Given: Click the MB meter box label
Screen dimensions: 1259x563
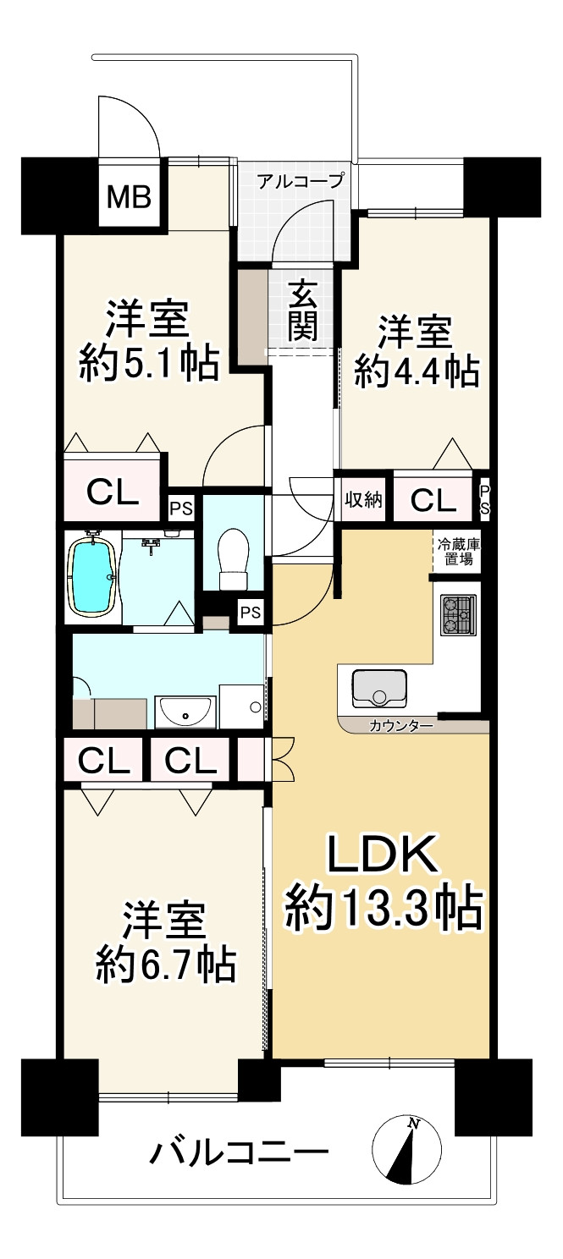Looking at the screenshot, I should [x=129, y=198].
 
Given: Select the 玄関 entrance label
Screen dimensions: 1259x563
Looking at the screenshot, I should [x=301, y=311].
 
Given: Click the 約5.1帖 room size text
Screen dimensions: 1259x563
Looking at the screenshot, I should [x=150, y=364].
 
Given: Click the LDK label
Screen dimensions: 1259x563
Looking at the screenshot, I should [x=383, y=855].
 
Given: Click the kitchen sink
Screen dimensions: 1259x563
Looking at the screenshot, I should [x=378, y=686].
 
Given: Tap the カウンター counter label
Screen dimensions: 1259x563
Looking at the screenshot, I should [x=400, y=725].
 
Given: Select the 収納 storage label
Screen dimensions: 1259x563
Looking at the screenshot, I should [x=363, y=500].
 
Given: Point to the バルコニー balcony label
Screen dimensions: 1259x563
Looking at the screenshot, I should [x=240, y=1152].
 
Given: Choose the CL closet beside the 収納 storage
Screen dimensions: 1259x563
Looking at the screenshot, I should [x=433, y=501].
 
